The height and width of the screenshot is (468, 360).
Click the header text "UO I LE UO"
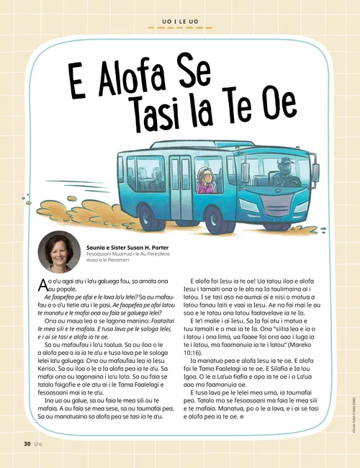click(x=179, y=22)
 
